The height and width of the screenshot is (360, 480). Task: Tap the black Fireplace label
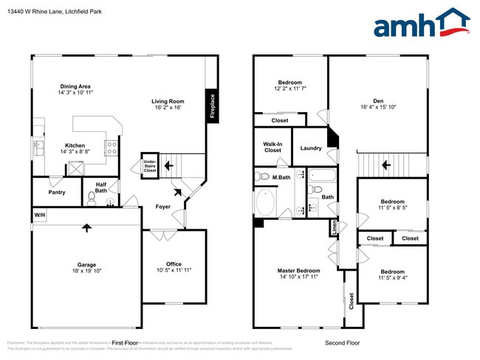(x=213, y=105)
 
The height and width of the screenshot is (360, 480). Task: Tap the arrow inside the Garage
(x=86, y=228)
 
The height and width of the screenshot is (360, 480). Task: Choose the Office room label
(x=174, y=267)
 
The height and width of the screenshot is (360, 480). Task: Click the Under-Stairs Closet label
(x=150, y=165)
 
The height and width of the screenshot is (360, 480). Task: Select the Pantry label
(x=56, y=193)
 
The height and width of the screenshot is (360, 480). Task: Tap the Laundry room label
(x=311, y=148)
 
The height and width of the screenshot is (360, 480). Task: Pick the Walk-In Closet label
(x=272, y=147)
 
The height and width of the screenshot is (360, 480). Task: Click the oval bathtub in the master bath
(x=266, y=201)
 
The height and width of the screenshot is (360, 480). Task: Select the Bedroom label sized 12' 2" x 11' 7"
(x=289, y=85)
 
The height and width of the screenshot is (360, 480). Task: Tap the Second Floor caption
(x=343, y=343)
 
